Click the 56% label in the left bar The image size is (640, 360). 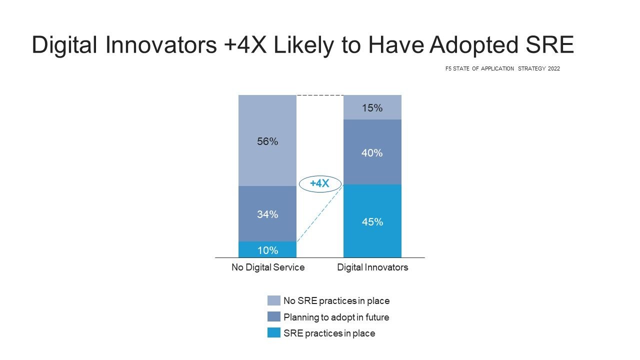(x=267, y=141)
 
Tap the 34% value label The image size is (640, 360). (x=267, y=214)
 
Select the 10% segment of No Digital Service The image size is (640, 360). (x=267, y=249)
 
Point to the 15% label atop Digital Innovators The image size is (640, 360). (x=372, y=107)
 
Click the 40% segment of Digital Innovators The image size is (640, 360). (x=372, y=152)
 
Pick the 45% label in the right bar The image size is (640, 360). (x=372, y=221)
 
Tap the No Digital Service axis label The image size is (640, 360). (x=268, y=267)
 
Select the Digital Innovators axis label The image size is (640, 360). (x=372, y=267)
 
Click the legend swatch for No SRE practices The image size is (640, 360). (x=273, y=300)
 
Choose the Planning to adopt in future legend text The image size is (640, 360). (x=336, y=317)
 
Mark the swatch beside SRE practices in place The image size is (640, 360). (x=273, y=333)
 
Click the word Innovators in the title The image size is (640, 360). (x=161, y=44)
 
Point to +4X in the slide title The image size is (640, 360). (x=245, y=44)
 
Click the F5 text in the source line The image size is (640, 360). (x=448, y=68)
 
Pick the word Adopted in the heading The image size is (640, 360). (x=474, y=45)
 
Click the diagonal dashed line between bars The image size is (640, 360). (x=320, y=213)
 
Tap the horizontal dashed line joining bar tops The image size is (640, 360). (x=320, y=95)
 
